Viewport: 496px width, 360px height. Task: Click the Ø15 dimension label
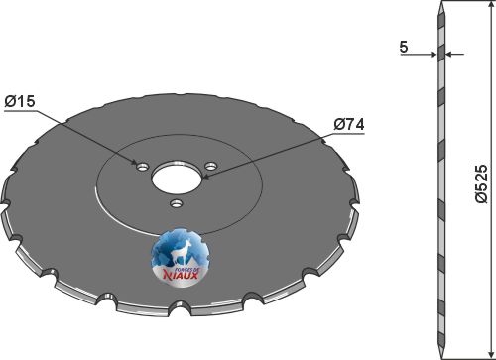[x=20, y=101]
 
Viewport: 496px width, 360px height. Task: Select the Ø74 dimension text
[x=349, y=125]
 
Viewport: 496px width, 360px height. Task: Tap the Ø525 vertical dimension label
[x=481, y=183]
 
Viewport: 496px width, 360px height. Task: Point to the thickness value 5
[x=404, y=48]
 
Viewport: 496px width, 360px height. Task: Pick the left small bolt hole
[x=143, y=167]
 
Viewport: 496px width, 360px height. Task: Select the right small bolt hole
[x=210, y=166]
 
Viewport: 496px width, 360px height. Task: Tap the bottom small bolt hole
[x=177, y=203]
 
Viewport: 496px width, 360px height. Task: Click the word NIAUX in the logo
[x=181, y=274]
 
